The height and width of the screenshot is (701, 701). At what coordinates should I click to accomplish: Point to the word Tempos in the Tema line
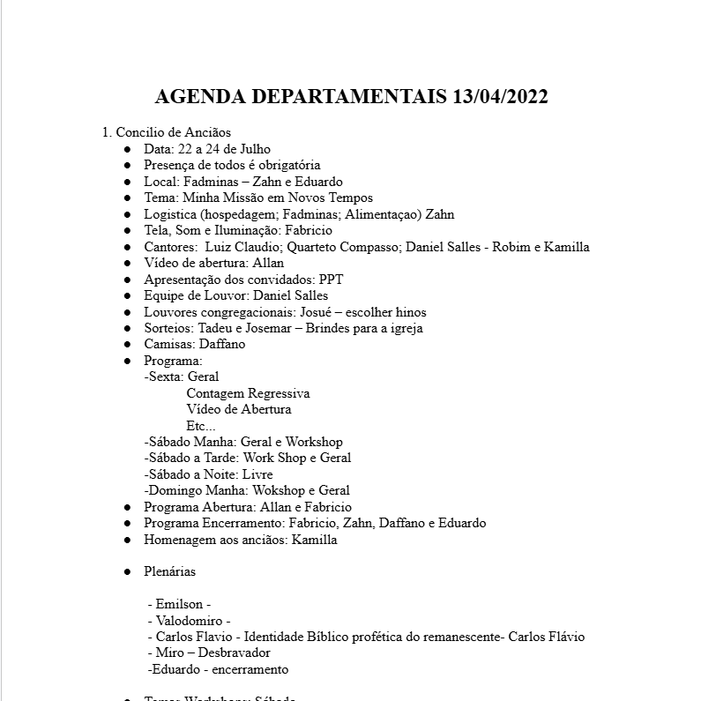[352, 198]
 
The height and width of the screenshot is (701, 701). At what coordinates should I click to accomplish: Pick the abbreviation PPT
[332, 280]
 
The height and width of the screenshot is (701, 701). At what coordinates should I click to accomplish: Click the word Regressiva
[278, 393]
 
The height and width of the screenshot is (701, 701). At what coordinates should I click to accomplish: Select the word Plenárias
[170, 571]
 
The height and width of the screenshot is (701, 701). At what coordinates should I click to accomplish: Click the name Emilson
[179, 604]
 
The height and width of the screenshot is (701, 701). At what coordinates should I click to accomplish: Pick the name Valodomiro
[189, 620]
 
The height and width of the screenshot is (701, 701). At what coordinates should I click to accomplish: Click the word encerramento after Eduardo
[250, 669]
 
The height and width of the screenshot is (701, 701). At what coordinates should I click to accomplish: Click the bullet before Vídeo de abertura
[128, 263]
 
